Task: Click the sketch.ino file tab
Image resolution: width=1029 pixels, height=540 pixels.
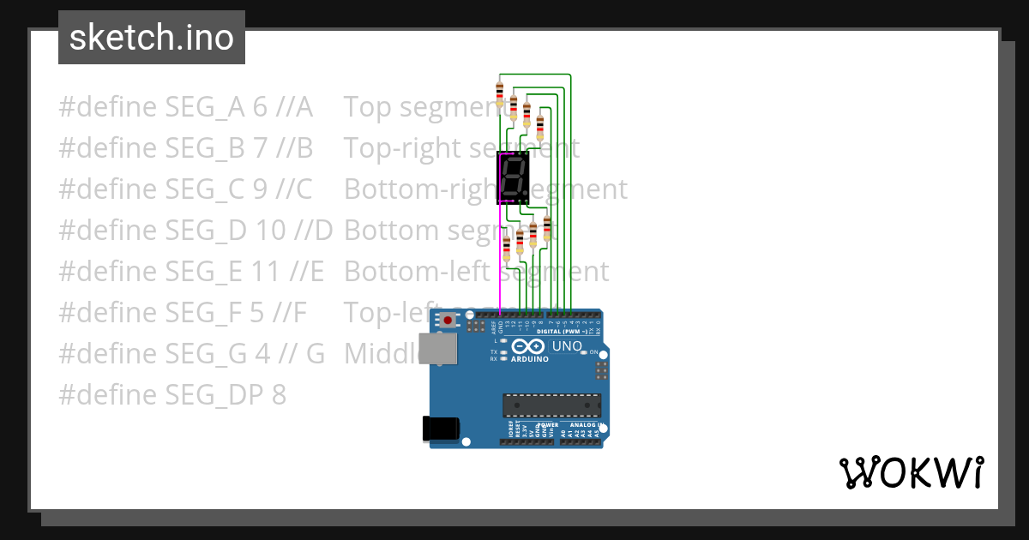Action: click(x=152, y=38)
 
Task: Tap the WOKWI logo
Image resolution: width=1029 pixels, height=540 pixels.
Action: click(x=911, y=472)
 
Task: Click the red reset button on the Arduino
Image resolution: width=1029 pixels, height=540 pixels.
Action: click(x=448, y=321)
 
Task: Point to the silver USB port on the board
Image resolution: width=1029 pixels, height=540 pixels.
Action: click(x=437, y=349)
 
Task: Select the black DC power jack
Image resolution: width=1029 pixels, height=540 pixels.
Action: click(x=441, y=429)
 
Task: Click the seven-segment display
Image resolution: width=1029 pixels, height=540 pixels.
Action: click(x=513, y=178)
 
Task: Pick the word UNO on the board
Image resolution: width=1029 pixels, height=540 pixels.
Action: click(x=566, y=346)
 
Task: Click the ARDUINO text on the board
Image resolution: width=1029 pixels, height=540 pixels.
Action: click(x=529, y=359)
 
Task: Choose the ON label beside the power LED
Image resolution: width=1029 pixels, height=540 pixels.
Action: click(x=594, y=352)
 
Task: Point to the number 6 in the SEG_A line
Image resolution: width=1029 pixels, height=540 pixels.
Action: click(x=261, y=107)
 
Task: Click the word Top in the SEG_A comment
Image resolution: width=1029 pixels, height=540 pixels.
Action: click(x=368, y=107)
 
